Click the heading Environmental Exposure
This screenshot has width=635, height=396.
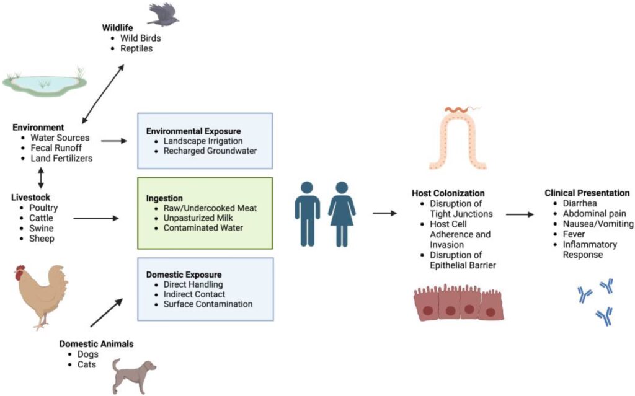[x=194, y=131]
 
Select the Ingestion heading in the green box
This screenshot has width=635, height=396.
[x=164, y=198]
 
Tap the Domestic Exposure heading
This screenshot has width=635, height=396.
[x=184, y=273]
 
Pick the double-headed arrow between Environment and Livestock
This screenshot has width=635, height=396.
[x=41, y=178]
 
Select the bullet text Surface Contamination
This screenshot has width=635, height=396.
[x=208, y=304]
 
